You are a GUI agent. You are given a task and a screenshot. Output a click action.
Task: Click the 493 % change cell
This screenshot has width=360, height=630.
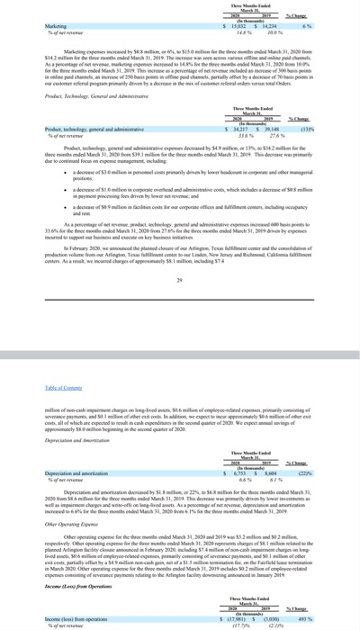pyautogui.click(x=331, y=620)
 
